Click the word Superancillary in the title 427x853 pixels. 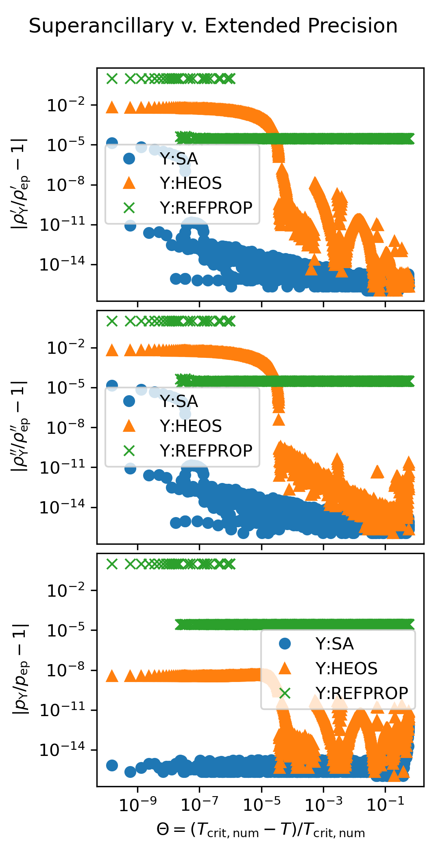(101, 26)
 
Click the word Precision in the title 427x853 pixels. (353, 26)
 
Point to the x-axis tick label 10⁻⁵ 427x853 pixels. (261, 804)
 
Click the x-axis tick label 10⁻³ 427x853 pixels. (323, 804)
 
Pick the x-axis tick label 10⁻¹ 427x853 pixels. (385, 804)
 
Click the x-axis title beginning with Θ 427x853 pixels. (261, 829)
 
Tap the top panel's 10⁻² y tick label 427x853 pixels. (66, 105)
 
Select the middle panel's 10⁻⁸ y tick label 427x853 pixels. (66, 427)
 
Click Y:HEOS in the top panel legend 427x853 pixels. (191, 184)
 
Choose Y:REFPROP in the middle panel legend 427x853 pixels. (206, 451)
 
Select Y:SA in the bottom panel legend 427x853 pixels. (334, 644)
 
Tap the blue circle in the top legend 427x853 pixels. (129, 158)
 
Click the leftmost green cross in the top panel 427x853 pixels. (112, 78)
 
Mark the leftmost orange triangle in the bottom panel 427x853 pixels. (112, 676)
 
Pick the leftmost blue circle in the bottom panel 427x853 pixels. (112, 765)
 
